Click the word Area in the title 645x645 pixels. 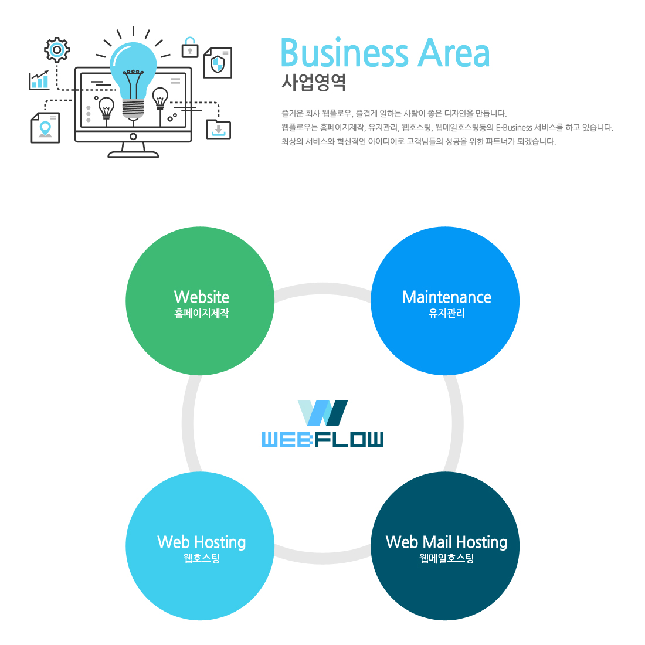453,53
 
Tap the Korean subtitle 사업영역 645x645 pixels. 313,82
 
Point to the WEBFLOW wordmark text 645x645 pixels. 322,439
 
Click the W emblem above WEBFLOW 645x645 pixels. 323,413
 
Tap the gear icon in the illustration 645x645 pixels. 57,50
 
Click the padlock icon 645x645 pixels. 189,48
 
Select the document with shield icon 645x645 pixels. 218,63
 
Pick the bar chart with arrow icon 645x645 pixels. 39,80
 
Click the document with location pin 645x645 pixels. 45,127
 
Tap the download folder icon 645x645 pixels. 219,129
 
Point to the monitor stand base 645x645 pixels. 133,154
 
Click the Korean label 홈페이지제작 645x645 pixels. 201,314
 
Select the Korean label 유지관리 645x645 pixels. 446,314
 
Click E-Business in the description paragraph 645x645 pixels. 514,127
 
